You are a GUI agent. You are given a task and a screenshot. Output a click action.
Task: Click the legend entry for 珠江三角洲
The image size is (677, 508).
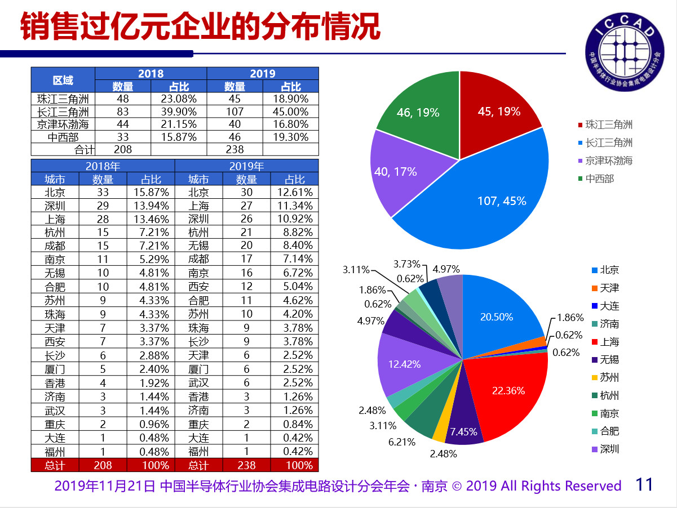tap(608, 125)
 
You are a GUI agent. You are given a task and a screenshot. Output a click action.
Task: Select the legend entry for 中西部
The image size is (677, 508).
tap(599, 179)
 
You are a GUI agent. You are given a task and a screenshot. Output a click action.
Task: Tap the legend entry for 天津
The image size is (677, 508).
tap(609, 288)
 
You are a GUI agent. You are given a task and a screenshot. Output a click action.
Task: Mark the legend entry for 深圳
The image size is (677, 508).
tap(609, 449)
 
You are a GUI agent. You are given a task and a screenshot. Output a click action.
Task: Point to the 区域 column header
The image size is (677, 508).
tap(63, 81)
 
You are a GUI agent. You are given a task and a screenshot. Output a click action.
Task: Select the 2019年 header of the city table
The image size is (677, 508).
tap(246, 166)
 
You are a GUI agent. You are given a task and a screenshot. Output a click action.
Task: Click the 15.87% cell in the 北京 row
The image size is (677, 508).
tap(150, 192)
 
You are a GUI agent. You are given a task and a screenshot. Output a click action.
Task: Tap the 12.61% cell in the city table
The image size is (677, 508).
tap(294, 192)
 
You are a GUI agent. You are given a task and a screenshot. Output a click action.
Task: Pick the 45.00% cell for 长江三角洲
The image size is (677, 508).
tap(290, 112)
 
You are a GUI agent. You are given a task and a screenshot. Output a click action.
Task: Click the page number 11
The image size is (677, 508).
tap(644, 484)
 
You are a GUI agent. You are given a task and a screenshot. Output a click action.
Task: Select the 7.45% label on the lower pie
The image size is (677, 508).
tap(463, 433)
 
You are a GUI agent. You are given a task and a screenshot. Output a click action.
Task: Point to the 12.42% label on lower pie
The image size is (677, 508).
tap(404, 364)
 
